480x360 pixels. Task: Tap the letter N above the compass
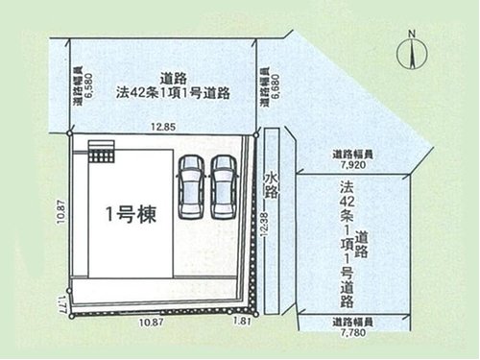tap(411, 36)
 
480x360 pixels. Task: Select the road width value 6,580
tap(87, 85)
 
